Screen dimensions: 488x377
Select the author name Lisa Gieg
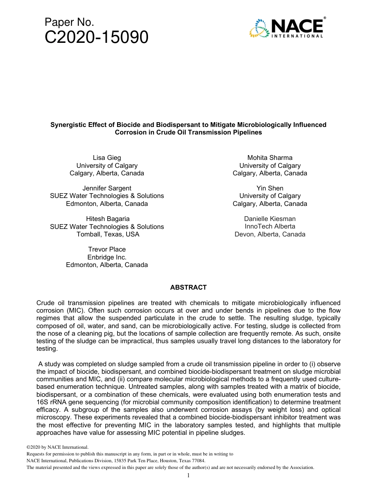pyautogui.click(x=107, y=158)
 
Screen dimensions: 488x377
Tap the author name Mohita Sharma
pyautogui.click(x=270, y=158)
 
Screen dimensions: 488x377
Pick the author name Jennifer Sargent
pyautogui.click(x=107, y=188)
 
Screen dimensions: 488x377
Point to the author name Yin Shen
pyautogui.click(x=270, y=188)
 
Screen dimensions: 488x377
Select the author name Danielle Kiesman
pyautogui.click(x=270, y=219)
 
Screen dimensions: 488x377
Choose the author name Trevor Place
pyautogui.click(x=107, y=249)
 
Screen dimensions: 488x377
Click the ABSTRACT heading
pyautogui.click(x=188, y=287)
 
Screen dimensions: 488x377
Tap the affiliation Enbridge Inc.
pyautogui.click(x=107, y=257)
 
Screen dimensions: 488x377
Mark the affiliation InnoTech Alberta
pyautogui.click(x=270, y=226)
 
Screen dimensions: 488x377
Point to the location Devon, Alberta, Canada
pyautogui.click(x=270, y=234)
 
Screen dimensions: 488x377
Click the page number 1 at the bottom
pyautogui.click(x=188, y=475)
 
